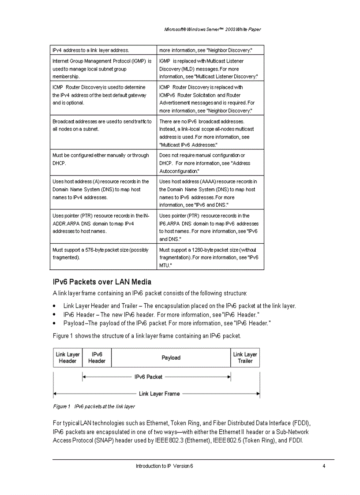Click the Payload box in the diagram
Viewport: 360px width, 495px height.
[171, 357]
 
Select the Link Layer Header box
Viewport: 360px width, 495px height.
[67, 357]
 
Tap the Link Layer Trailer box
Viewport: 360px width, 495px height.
[245, 357]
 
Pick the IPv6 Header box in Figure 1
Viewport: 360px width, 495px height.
[97, 357]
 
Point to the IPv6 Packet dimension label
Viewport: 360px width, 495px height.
[148, 377]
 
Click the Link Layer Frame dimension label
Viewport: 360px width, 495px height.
[159, 394]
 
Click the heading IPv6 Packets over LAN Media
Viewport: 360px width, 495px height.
[102, 282]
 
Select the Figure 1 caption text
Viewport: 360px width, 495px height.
[94, 406]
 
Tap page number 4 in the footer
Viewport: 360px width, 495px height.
[324, 466]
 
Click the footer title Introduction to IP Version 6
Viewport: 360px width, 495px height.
[164, 466]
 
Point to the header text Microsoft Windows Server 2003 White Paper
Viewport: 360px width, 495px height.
[212, 30]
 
